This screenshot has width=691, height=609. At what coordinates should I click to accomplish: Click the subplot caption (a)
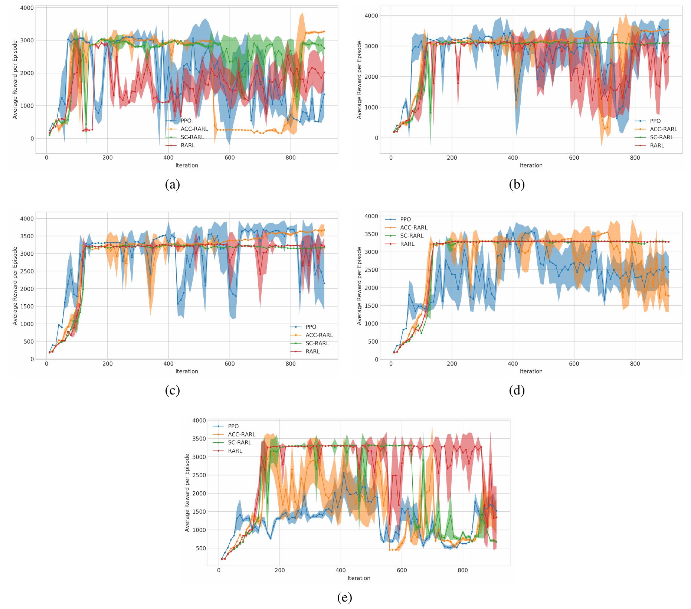coord(172,184)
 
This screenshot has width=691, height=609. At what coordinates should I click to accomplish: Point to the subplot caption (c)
coord(172,390)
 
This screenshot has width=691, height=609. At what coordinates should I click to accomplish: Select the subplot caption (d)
coord(517,390)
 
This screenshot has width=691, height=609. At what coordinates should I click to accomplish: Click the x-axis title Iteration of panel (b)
coord(531,166)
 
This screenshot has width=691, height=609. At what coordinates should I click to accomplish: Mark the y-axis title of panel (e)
coord(187,492)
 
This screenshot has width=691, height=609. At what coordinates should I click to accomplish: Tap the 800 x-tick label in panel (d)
coord(635,364)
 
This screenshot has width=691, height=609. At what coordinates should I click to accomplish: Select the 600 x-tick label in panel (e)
coord(402,571)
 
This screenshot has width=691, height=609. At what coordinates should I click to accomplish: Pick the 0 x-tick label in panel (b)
coord(391,158)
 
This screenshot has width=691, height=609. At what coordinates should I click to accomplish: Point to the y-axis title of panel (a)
coord(15,80)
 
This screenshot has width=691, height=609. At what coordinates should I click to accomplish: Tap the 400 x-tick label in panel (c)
coord(168,364)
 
